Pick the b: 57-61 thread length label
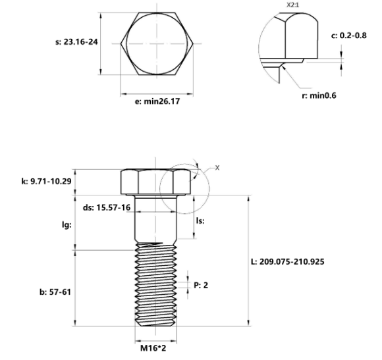pyautogui.click(x=53, y=291)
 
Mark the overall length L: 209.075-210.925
pyautogui.click(x=286, y=261)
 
